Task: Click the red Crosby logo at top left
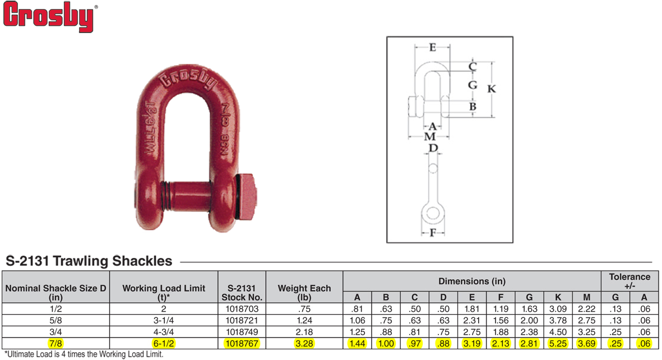49,16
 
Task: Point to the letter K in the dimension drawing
491,89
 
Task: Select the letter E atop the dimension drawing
432,47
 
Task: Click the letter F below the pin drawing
432,232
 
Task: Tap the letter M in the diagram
430,136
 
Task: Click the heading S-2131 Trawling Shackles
89,261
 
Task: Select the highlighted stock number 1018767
242,344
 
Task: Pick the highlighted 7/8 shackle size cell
55,344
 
